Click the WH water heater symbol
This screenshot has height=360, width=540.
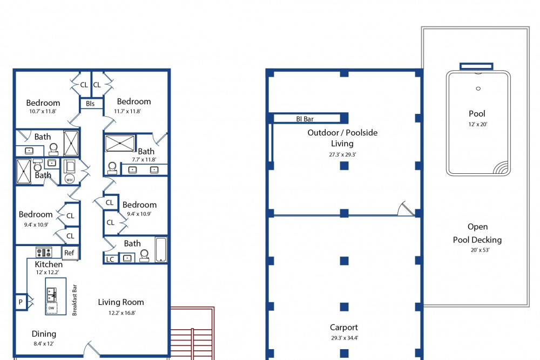pyautogui.click(x=69, y=179)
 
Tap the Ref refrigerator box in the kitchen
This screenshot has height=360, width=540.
pyautogui.click(x=70, y=253)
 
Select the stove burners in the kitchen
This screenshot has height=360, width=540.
pyautogui.click(x=44, y=252)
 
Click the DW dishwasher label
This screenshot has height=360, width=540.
pyautogui.click(x=51, y=308)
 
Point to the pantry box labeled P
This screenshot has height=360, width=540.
pyautogui.click(x=21, y=302)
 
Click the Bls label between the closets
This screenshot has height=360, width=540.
pyautogui.click(x=91, y=104)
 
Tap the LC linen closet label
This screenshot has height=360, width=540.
pyautogui.click(x=110, y=259)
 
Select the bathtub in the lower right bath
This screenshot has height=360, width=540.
pyautogui.click(x=161, y=250)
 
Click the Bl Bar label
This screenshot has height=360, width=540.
pyautogui.click(x=305, y=119)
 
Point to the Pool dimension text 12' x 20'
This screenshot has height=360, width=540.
pyautogui.click(x=478, y=124)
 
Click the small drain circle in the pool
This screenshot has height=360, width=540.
pyautogui.click(x=478, y=89)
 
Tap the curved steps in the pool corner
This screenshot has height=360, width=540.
pyautogui.click(x=501, y=168)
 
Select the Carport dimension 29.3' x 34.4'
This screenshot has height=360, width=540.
pyautogui.click(x=345, y=338)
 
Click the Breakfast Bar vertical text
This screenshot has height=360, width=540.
pyautogui.click(x=75, y=300)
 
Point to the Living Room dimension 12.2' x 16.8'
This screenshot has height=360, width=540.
pyautogui.click(x=122, y=313)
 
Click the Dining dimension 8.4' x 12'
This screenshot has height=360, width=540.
pyautogui.click(x=44, y=343)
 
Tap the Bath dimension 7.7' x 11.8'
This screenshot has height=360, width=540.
pyautogui.click(x=144, y=160)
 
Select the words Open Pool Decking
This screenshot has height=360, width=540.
pyautogui.click(x=477, y=233)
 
